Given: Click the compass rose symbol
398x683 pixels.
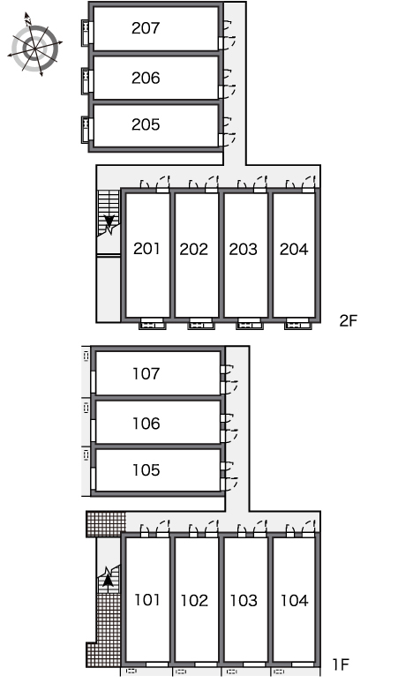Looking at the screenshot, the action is coord(34,45).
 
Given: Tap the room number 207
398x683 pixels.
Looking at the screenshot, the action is coord(146,28).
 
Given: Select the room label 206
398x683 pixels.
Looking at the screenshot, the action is coord(146,78).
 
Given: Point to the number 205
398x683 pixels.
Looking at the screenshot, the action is coord(146,124).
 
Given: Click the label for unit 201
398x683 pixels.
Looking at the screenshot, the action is coord(146,249).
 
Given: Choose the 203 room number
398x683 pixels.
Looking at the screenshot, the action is coord(244,249).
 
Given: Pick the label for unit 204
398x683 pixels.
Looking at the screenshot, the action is coord(294,249).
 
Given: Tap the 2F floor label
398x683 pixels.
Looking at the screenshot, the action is coord(349,320).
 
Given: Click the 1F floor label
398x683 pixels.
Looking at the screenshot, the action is coord(341,664).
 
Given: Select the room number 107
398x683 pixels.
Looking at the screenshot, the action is coord(146,374).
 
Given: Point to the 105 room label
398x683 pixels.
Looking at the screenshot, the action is coord(146,470).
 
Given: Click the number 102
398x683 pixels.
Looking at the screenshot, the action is coord(194,601).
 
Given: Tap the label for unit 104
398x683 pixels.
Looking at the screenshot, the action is coord(295,601).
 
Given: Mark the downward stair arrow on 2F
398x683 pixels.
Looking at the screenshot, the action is coord(109,222).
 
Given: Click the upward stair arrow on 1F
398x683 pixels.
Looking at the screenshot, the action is coord(108,580).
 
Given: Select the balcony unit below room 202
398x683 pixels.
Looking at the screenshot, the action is coord(200,325).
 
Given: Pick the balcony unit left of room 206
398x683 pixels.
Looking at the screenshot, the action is coord(86,81).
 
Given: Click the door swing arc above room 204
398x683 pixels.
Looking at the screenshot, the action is coord(308,182).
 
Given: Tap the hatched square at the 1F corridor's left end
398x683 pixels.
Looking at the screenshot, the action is coord(105,524).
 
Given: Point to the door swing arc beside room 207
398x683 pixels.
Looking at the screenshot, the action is coord(230,41).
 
